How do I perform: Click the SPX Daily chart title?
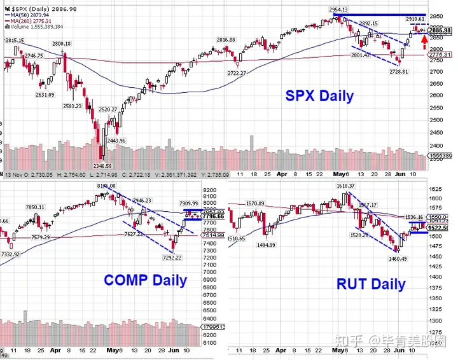(319, 97)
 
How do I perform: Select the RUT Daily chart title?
(371, 284)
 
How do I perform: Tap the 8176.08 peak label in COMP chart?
(106, 185)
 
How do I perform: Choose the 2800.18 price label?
(61, 44)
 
